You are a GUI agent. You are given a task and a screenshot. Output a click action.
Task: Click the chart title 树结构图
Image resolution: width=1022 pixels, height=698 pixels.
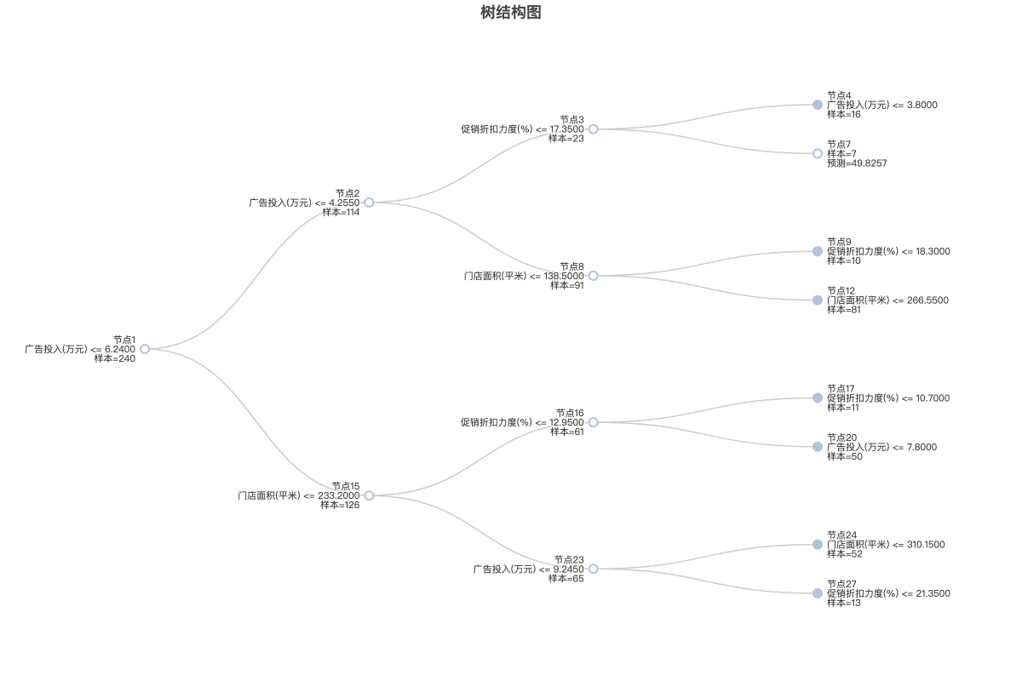point(510,12)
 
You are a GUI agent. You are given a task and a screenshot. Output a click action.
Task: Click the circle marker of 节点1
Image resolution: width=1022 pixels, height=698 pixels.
point(145,349)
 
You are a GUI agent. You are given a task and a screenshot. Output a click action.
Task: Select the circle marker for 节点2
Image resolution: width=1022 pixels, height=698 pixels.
point(369,203)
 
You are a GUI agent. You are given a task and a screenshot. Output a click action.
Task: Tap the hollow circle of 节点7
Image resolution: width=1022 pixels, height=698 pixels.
point(818,153)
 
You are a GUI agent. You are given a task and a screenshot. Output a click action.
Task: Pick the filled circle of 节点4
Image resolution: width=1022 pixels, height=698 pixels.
point(818,105)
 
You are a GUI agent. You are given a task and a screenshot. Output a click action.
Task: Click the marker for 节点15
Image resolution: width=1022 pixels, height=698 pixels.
point(369,495)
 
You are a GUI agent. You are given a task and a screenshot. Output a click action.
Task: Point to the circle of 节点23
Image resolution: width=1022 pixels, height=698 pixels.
point(593,569)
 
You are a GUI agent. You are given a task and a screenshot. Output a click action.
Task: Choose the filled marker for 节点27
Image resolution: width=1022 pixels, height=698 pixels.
point(818,593)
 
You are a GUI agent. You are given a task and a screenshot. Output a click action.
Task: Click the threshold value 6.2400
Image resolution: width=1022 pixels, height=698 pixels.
point(120,349)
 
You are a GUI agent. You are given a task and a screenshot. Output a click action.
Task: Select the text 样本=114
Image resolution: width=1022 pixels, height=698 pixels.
point(341,212)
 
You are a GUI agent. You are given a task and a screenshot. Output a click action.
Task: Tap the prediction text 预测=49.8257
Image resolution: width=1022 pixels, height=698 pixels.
point(857,163)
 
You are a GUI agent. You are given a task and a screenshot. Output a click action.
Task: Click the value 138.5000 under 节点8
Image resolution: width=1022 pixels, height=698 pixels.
point(564,276)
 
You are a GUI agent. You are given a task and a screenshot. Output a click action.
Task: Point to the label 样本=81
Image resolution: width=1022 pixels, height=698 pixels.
point(844,310)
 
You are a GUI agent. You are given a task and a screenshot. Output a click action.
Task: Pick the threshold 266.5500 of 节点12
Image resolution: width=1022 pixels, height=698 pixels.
point(927,300)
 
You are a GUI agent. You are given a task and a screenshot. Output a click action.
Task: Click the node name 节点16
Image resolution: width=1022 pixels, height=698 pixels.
point(570,413)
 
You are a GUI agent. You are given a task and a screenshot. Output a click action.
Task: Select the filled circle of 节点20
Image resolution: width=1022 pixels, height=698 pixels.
point(818,447)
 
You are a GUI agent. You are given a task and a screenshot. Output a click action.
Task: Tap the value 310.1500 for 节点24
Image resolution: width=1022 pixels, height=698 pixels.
point(926,545)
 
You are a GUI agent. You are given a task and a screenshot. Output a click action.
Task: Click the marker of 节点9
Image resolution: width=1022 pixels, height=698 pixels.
point(818,251)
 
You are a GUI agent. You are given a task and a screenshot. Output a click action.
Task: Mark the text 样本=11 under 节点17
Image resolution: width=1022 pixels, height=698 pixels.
point(843,408)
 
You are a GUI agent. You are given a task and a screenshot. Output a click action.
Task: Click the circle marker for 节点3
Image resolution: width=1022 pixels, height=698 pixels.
point(593,129)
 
